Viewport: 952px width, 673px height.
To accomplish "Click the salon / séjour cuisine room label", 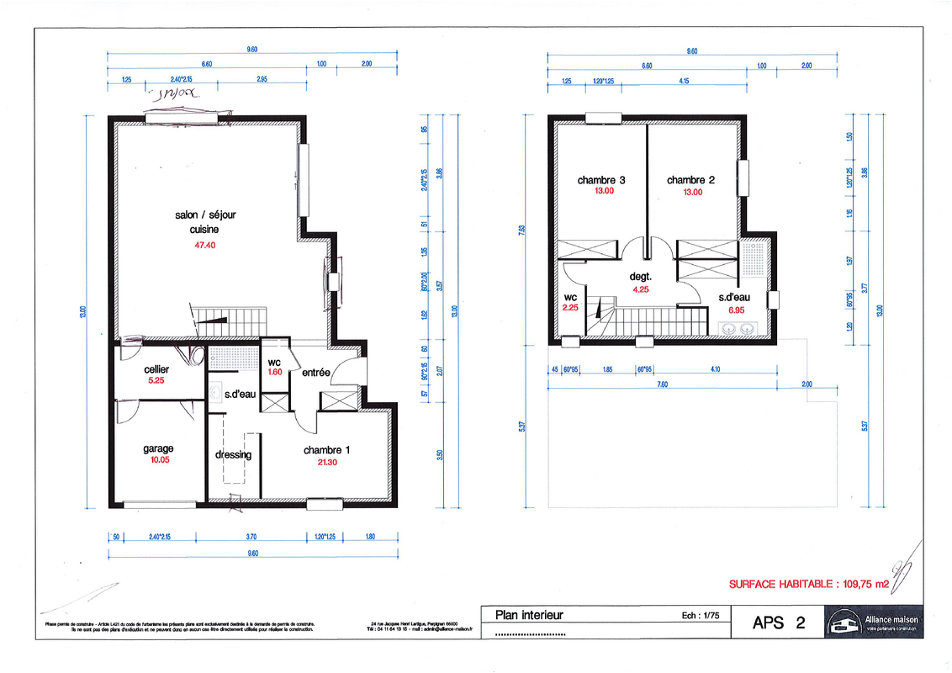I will click(x=206, y=222).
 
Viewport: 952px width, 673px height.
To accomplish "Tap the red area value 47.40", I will click(x=206, y=246).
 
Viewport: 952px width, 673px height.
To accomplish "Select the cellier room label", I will click(x=156, y=369).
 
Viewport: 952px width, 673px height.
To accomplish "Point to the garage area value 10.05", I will click(x=158, y=460).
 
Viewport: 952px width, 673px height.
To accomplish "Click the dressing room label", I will click(x=233, y=454).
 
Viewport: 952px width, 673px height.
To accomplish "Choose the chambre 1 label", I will click(x=327, y=450).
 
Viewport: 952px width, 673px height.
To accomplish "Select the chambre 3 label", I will click(x=600, y=180).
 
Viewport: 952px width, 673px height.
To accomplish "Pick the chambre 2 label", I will click(x=690, y=180).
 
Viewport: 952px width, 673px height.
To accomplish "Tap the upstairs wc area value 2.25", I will click(x=571, y=308).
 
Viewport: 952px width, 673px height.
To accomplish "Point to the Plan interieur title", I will click(x=529, y=615).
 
